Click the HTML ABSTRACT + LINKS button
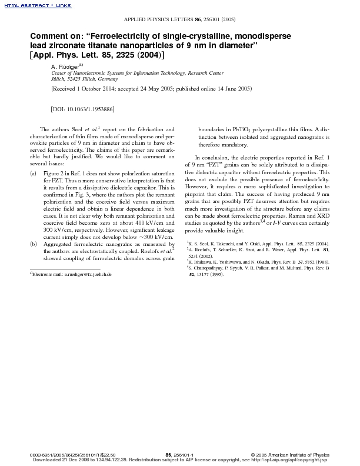23,5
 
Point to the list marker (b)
33,259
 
